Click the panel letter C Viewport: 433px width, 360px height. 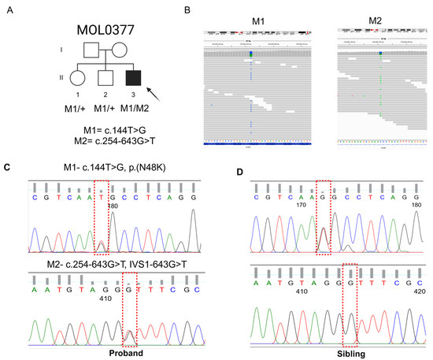[6, 168]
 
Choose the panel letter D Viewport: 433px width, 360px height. [237, 170]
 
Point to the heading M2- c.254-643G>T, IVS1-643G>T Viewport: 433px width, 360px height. [118, 259]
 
